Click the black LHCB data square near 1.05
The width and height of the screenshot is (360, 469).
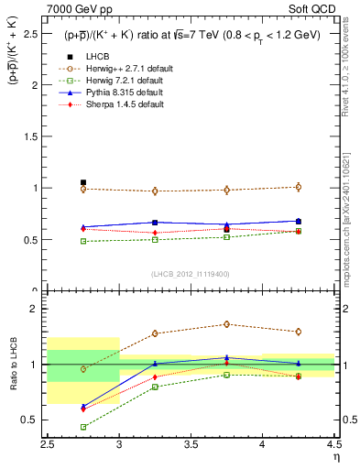83,182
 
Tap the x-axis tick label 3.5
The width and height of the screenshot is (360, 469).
191,444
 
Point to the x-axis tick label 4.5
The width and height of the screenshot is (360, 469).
333,444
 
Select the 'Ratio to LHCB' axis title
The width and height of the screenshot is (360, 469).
12,365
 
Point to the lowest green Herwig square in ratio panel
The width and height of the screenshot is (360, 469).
83,427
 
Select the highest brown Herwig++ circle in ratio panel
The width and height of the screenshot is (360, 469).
226,324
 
